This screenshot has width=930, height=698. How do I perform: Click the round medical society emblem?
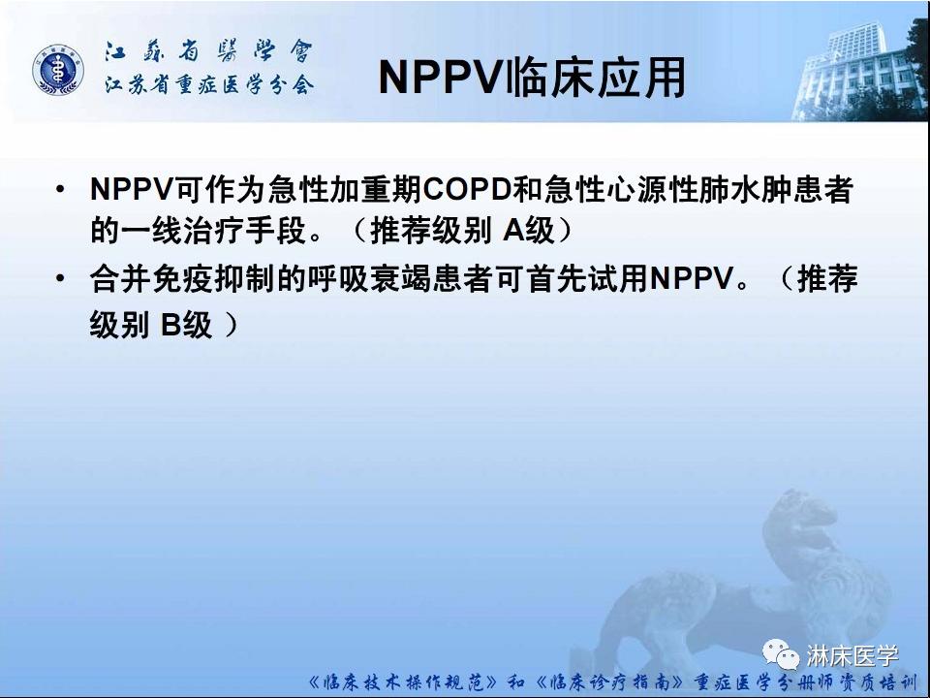coord(56,70)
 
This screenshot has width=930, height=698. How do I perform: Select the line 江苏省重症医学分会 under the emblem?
coord(209,85)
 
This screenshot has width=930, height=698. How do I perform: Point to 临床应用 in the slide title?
coord(596,78)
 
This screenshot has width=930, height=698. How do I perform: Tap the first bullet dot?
coord(63,188)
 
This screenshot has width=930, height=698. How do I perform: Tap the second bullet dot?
coord(63,281)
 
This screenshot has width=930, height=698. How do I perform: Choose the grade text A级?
coord(528,233)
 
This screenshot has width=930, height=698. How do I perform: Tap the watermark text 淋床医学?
coord(853,655)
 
